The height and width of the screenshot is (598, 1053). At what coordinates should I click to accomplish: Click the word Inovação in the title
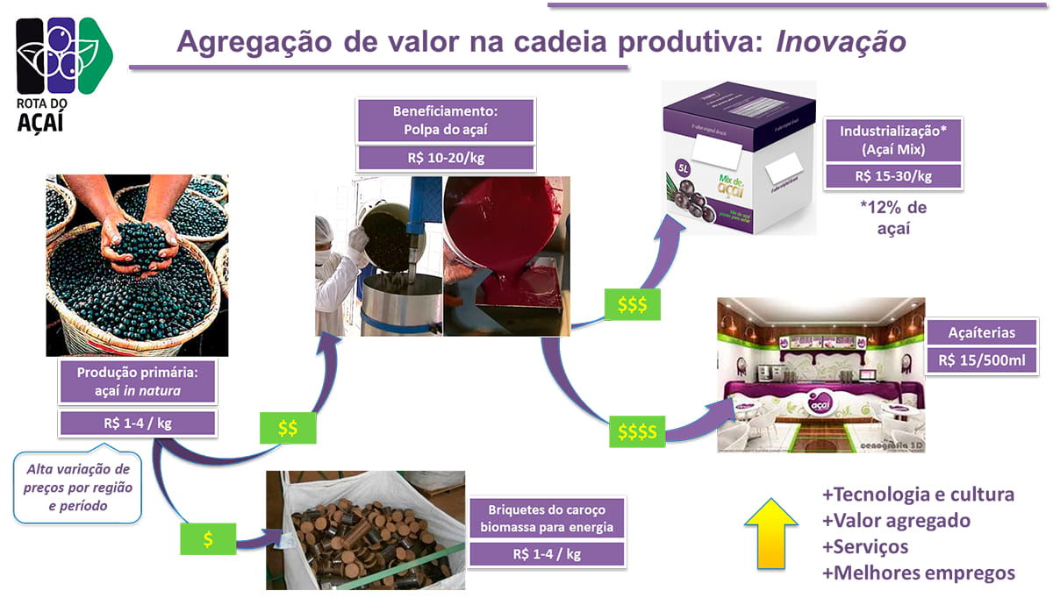(841, 41)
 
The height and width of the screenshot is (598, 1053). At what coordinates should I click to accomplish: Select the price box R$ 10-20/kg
(446, 158)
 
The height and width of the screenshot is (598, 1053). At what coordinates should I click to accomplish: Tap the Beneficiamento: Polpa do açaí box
(446, 121)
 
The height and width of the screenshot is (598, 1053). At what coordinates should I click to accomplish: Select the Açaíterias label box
(982, 332)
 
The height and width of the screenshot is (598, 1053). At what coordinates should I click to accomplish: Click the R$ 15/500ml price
(982, 360)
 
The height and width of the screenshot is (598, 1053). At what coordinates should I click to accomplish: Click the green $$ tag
(288, 428)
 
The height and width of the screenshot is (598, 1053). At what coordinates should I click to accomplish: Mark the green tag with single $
(208, 539)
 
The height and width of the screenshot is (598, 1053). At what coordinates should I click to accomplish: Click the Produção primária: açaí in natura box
(137, 383)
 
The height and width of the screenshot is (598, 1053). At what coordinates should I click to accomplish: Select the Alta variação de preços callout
(78, 488)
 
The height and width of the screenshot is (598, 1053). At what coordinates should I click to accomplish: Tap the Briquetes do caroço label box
(547, 517)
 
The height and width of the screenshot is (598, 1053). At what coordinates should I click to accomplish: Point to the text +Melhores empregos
(918, 573)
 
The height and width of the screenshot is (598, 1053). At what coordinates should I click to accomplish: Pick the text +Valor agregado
(896, 521)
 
